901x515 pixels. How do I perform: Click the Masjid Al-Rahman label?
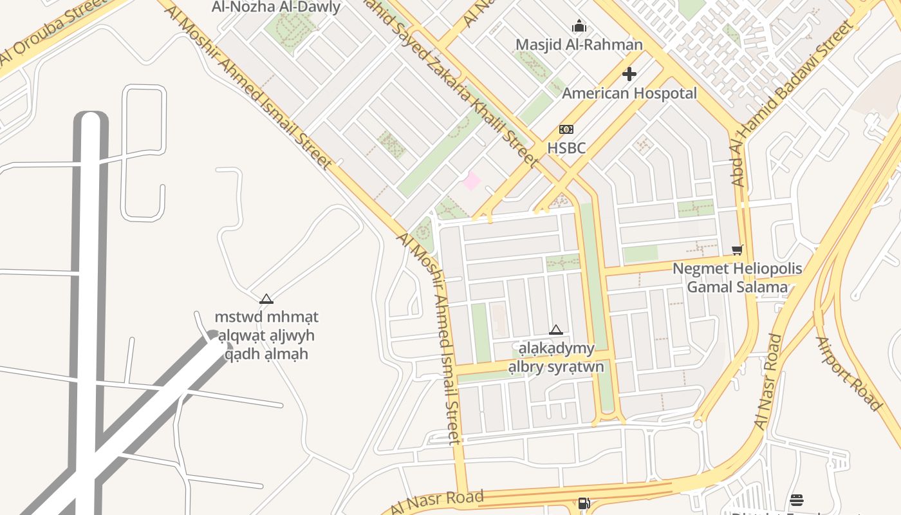[x=579, y=44]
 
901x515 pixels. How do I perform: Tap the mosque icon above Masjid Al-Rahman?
[x=579, y=26]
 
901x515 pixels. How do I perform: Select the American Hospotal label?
[x=629, y=93]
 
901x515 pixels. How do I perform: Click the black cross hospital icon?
[x=629, y=74]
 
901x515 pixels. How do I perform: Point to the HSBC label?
[x=566, y=148]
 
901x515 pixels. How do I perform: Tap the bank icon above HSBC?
[x=566, y=129]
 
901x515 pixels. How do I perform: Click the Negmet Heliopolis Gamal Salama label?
[x=737, y=277]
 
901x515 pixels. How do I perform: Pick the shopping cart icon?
[x=738, y=250]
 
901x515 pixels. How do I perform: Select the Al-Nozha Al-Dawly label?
[x=276, y=7]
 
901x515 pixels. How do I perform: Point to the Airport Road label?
[x=848, y=373]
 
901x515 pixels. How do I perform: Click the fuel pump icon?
[x=584, y=503]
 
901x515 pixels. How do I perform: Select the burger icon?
[x=797, y=500]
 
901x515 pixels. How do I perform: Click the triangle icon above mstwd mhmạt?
[x=266, y=299]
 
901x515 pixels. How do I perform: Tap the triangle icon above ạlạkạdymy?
[x=556, y=330]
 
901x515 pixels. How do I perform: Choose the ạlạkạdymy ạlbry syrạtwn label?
[x=556, y=358]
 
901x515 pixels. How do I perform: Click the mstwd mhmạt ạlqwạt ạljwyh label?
[x=266, y=335]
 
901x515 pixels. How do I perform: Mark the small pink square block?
[x=472, y=181]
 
